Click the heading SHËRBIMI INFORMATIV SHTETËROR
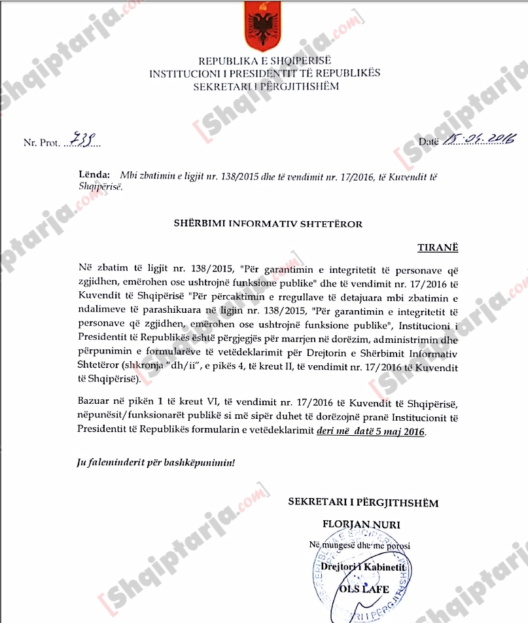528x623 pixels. (x=267, y=224)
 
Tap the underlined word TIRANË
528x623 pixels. (x=438, y=249)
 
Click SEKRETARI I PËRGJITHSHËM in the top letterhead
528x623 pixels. (x=265, y=86)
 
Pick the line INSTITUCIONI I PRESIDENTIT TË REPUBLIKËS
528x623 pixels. (x=264, y=74)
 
